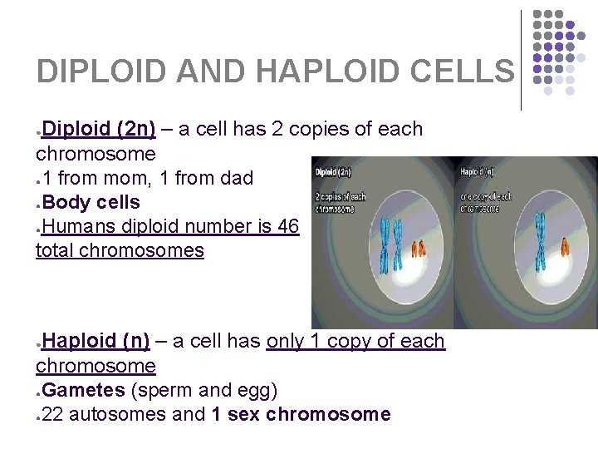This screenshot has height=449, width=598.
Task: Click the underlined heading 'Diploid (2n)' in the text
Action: [99, 130]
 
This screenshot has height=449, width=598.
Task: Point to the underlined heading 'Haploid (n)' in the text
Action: [96, 341]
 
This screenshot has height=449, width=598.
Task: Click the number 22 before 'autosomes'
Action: [51, 414]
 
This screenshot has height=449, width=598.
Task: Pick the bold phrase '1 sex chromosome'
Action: [300, 414]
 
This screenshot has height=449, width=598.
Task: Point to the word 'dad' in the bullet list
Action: [235, 178]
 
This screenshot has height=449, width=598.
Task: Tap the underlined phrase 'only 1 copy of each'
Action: [355, 341]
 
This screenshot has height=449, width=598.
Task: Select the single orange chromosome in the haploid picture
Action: [565, 246]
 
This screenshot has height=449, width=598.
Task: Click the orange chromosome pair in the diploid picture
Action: [419, 249]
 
